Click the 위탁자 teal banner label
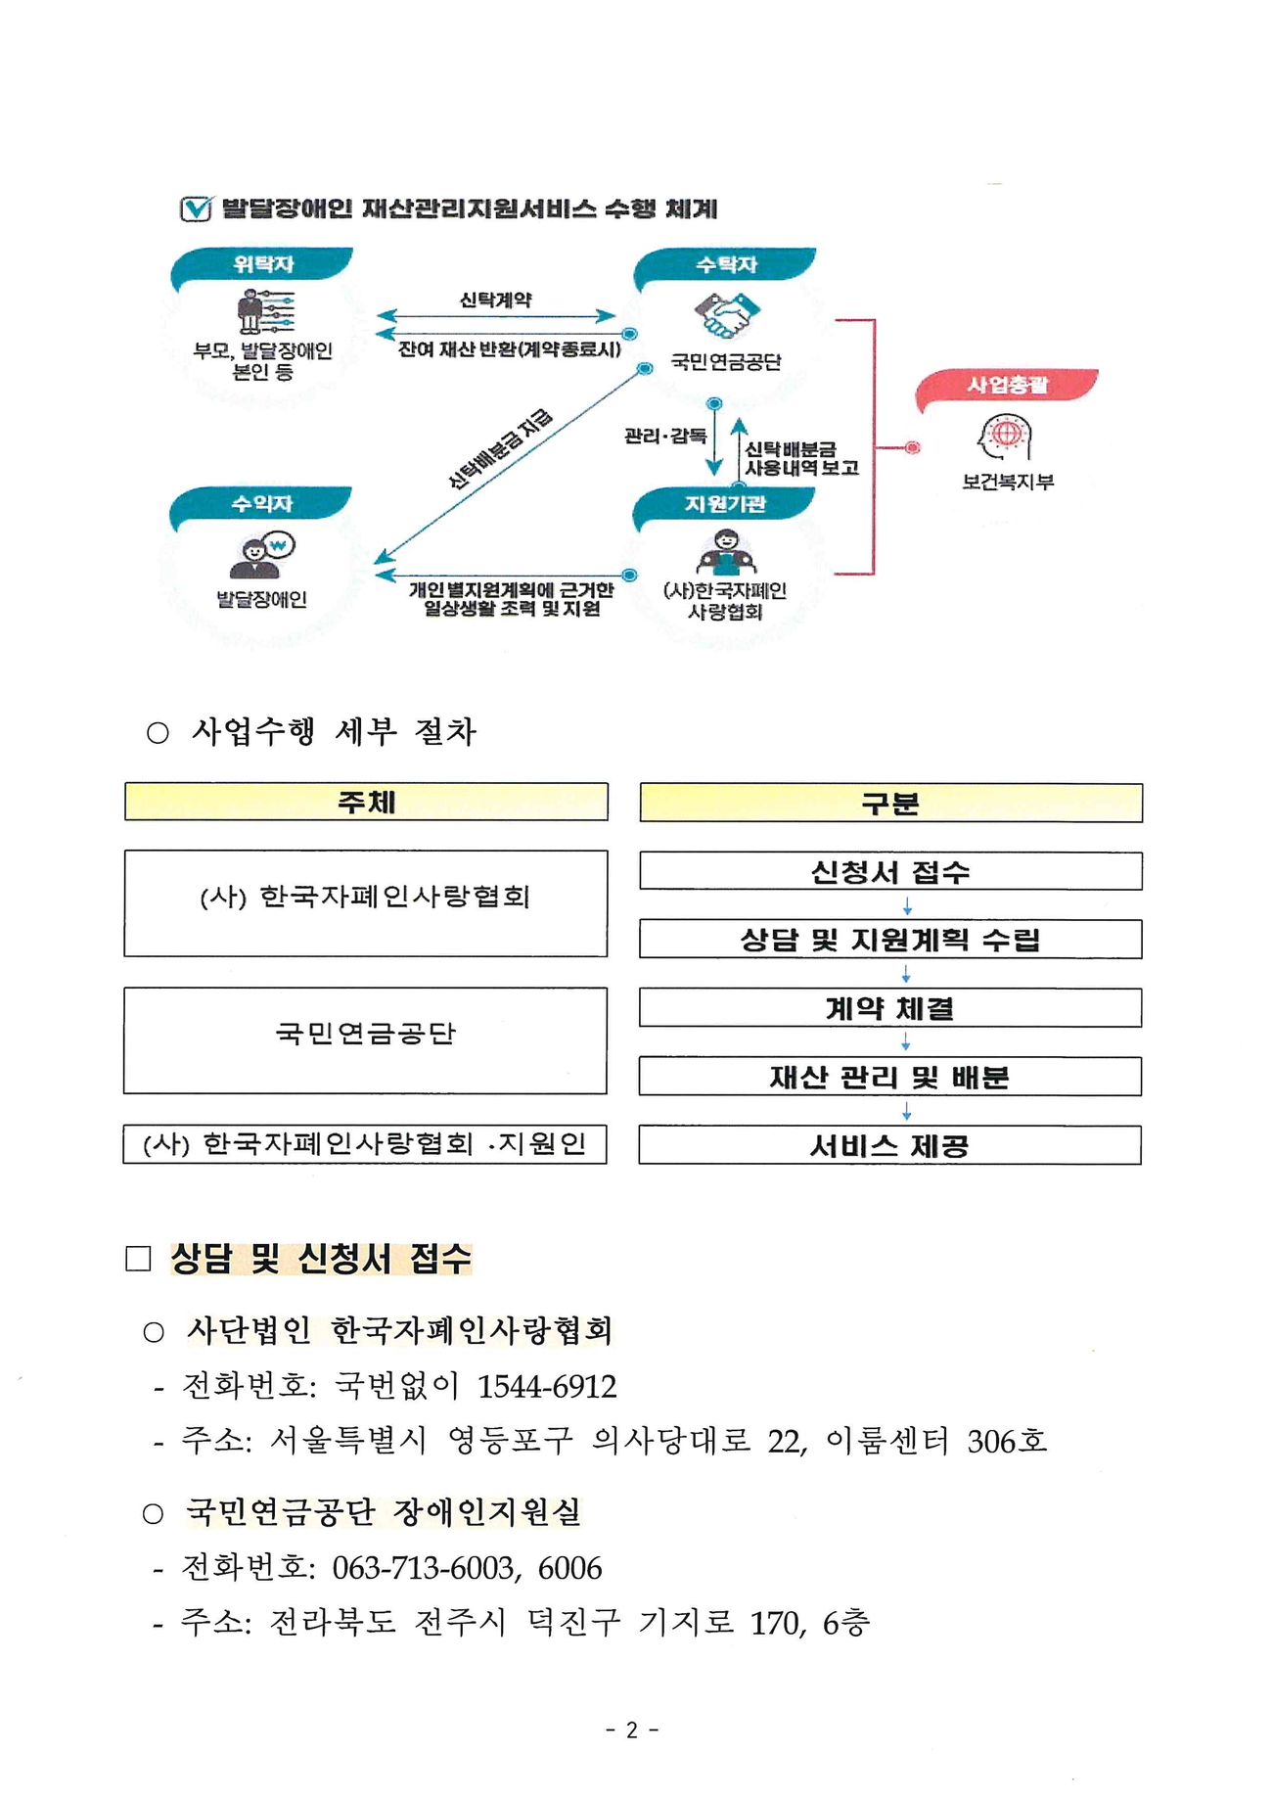pos(263,264)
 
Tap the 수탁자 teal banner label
pos(726,264)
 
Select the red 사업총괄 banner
pos(1007,385)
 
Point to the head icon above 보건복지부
pos(1006,436)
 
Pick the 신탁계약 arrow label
pos(496,300)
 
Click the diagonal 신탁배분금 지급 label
pos(500,448)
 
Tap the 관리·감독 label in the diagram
pos(665,436)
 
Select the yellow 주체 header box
pos(366,802)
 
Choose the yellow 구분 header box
pos(890,804)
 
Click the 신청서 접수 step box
pos(890,871)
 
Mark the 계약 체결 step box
pos(890,1008)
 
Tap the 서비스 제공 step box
pos(890,1145)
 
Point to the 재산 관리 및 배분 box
pos(890,1077)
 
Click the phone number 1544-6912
pos(547,1386)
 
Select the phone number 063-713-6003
pos(423,1568)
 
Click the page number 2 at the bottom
pos(632,1730)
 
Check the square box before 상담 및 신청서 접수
pos(138,1259)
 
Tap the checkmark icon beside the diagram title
pos(196,208)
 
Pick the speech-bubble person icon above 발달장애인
pos(262,556)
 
